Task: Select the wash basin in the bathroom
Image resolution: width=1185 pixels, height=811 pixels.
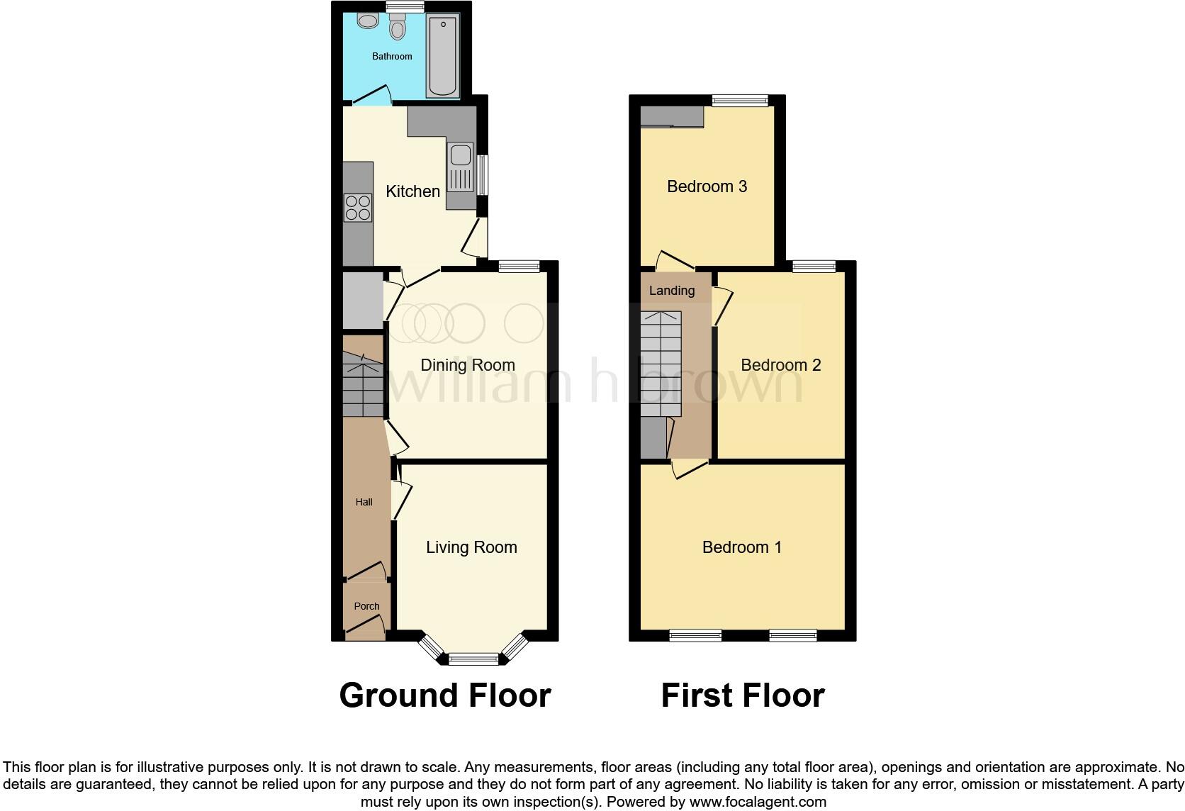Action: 368,21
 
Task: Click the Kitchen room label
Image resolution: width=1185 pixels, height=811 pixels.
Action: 412,191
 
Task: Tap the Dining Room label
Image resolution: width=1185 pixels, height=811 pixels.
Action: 467,365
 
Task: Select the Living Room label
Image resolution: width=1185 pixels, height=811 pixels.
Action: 471,547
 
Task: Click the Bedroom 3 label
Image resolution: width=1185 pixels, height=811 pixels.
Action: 707,186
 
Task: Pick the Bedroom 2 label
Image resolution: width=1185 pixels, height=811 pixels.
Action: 780,365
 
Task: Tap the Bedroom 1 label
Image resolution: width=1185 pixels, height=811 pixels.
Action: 741,547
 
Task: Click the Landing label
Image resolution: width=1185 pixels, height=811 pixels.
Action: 671,291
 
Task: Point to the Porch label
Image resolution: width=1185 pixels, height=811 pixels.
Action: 366,606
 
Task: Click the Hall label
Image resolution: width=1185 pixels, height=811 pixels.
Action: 364,502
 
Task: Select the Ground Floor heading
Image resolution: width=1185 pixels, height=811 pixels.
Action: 445,695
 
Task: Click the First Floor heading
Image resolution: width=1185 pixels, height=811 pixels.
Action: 742,695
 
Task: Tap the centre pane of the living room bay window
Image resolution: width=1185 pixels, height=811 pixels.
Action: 474,659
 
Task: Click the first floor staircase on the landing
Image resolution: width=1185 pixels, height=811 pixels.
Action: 661,364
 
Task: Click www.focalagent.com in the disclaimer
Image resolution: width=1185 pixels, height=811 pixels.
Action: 758,802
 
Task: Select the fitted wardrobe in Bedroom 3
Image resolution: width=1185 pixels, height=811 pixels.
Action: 671,117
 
